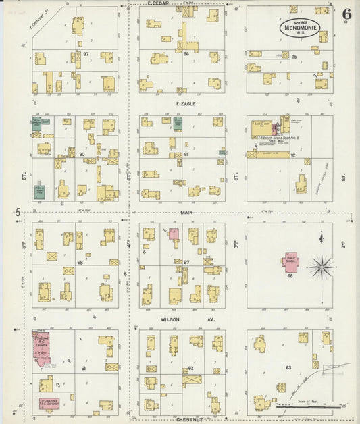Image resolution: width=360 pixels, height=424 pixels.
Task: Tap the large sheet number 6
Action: (346, 14)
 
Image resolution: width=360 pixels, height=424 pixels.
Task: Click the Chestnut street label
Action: (180, 419)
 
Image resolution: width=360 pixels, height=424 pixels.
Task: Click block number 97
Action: (86, 53)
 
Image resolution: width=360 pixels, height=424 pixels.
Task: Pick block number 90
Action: (81, 155)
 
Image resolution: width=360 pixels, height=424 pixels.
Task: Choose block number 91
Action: (184, 155)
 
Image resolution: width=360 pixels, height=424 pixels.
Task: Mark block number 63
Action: (288, 368)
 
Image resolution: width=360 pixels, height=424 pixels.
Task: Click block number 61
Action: (83, 368)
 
